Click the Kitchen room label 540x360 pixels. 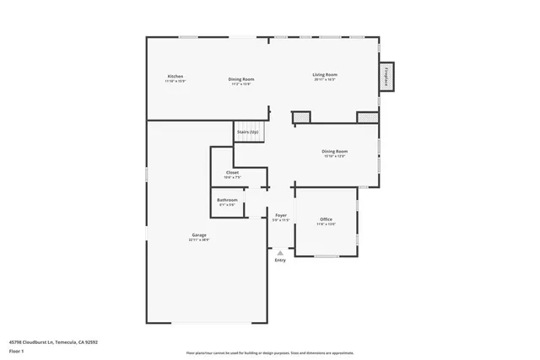point(175,76)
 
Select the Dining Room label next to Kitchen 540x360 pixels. point(240,79)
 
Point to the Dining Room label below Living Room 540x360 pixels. point(334,151)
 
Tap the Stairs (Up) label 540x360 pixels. point(247,132)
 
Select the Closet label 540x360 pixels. point(232,172)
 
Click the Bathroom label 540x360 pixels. point(227,200)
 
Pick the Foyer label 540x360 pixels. point(281,215)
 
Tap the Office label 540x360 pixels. point(326,219)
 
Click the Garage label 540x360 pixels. point(198,234)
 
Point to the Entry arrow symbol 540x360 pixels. point(280,252)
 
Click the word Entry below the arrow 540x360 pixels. point(280,260)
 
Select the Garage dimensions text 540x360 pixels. point(198,239)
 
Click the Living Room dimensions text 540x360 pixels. point(325,79)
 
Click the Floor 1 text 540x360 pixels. point(16,351)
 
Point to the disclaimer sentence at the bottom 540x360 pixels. point(270,352)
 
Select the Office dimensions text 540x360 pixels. point(326,224)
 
